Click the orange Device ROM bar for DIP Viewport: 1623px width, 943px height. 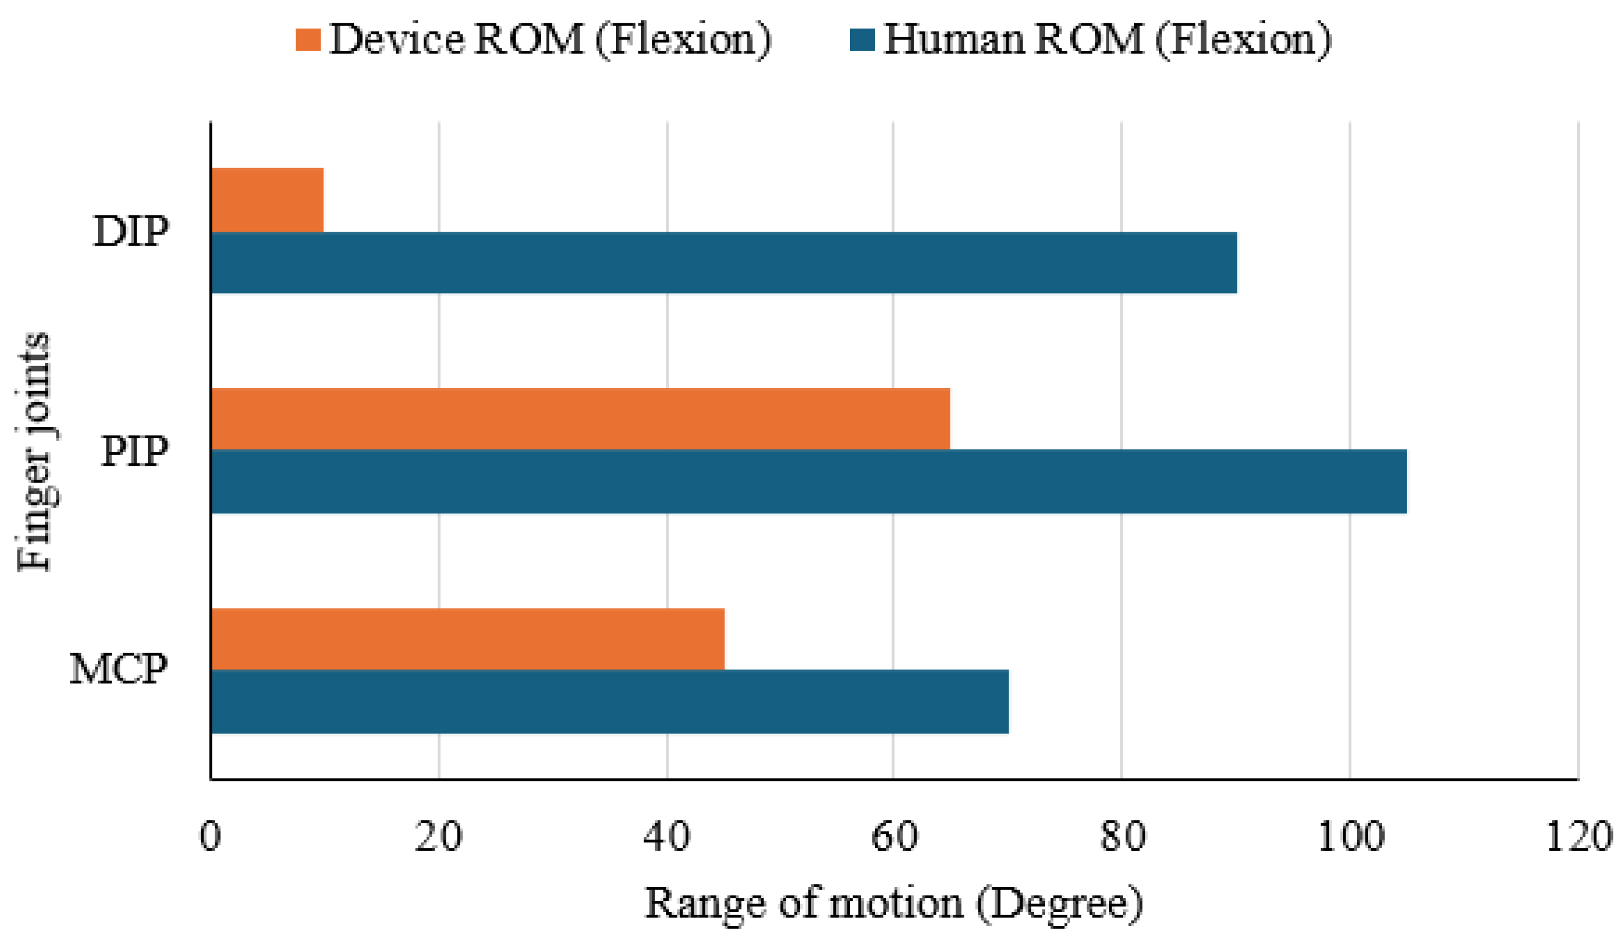click(x=267, y=200)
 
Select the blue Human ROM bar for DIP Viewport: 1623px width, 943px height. click(x=723, y=262)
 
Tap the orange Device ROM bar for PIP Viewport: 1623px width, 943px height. click(x=580, y=418)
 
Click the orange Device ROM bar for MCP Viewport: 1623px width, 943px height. click(x=467, y=639)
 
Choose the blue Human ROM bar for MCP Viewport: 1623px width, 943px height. click(x=609, y=701)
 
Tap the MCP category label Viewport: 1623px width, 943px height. click(x=119, y=669)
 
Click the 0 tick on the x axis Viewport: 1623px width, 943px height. click(x=211, y=837)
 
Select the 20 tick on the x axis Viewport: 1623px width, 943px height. click(x=439, y=837)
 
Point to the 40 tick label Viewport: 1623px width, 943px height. click(x=667, y=837)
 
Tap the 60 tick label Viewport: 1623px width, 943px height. click(x=894, y=837)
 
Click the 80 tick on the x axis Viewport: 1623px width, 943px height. click(x=1122, y=837)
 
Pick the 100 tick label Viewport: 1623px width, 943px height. click(x=1351, y=837)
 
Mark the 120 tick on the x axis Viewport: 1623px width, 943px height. click(x=1578, y=837)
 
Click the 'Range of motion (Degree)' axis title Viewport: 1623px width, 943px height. click(x=894, y=903)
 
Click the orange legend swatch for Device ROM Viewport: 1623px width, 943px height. click(x=308, y=39)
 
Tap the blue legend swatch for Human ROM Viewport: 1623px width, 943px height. click(x=862, y=39)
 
